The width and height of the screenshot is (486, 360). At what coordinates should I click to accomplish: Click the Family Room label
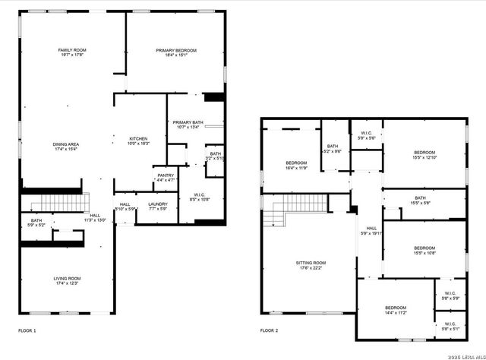[70, 52]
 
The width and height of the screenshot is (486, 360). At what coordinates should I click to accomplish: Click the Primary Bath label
[188, 125]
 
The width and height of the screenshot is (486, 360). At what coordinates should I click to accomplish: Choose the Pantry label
[165, 178]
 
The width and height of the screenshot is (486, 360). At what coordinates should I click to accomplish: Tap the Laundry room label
[158, 206]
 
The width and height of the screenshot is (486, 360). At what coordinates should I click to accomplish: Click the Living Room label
[67, 281]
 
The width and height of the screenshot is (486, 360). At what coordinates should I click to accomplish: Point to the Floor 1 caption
[27, 331]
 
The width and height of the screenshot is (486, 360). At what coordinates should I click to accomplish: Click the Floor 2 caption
[270, 331]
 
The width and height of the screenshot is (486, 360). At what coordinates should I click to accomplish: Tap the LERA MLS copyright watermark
[462, 355]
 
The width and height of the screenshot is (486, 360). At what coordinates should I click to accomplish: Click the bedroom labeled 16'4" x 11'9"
[296, 166]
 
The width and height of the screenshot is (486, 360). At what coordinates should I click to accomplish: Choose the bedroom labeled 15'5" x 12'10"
[425, 154]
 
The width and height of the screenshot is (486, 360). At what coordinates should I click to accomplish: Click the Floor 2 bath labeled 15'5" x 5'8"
[424, 201]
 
